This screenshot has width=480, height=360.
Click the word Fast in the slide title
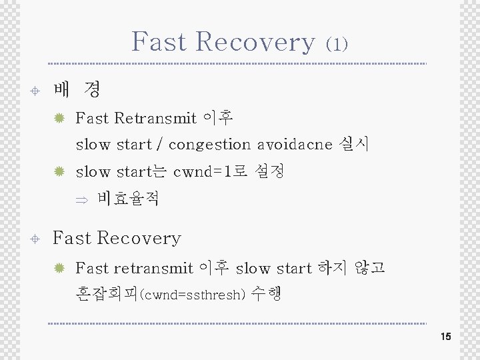[159, 41]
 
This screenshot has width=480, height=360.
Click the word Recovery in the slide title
[255, 41]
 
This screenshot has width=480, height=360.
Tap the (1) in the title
[337, 44]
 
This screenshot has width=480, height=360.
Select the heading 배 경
[76, 89]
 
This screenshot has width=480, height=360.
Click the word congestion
[209, 144]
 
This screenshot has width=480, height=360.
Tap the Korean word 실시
[355, 143]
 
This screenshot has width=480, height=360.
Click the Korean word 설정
[270, 171]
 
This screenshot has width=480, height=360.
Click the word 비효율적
[127, 199]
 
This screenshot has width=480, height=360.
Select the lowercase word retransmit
[153, 268]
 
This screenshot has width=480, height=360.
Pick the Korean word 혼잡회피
[107, 295]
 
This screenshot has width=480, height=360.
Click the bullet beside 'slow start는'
[59, 172]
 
